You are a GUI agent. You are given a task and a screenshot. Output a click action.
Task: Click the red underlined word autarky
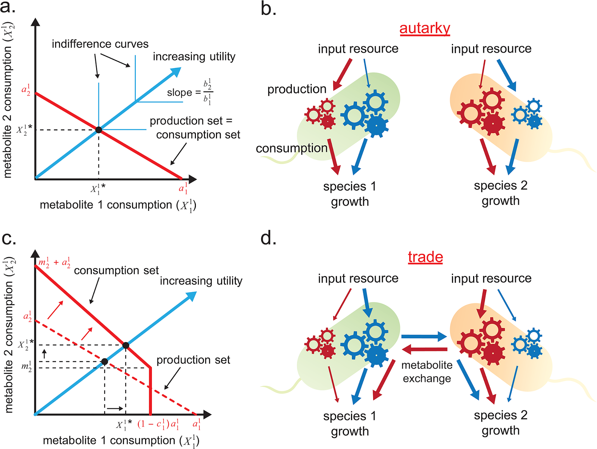click(x=425, y=28)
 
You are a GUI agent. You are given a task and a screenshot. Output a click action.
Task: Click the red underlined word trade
click(x=425, y=257)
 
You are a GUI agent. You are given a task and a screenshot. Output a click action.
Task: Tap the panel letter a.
click(x=8, y=7)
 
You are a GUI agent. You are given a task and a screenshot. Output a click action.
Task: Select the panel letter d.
click(x=268, y=238)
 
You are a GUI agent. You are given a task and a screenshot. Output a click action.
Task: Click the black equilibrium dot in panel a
click(x=99, y=130)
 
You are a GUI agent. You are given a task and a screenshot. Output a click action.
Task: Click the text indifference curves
click(x=100, y=44)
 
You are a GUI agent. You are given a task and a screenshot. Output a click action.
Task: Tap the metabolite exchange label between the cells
click(x=427, y=372)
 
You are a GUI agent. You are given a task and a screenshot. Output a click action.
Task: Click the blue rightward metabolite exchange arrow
click(x=424, y=336)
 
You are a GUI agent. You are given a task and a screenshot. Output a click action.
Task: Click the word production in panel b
click(x=297, y=89)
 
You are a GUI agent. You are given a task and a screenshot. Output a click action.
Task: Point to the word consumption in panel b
click(x=291, y=148)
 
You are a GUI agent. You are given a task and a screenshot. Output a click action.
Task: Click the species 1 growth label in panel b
click(x=350, y=194)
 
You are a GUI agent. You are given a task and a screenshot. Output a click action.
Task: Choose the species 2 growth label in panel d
click(x=500, y=423)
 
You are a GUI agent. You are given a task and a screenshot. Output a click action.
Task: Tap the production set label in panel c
click(x=193, y=360)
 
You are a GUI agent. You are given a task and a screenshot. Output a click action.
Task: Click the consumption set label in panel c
click(x=116, y=270)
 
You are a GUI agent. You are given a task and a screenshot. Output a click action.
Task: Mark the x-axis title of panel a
click(x=118, y=205)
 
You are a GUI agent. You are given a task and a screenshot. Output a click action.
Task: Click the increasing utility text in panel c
click(x=201, y=281)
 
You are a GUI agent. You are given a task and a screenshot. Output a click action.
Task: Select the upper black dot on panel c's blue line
click(x=126, y=345)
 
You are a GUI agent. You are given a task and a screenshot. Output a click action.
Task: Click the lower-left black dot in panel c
click(x=104, y=361)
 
